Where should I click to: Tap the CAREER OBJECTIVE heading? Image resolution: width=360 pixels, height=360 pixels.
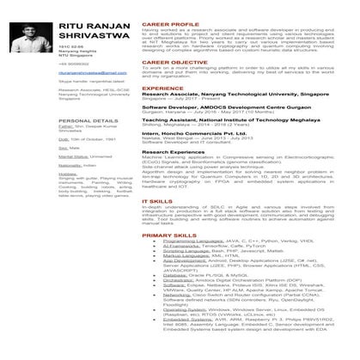pos(174,62)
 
